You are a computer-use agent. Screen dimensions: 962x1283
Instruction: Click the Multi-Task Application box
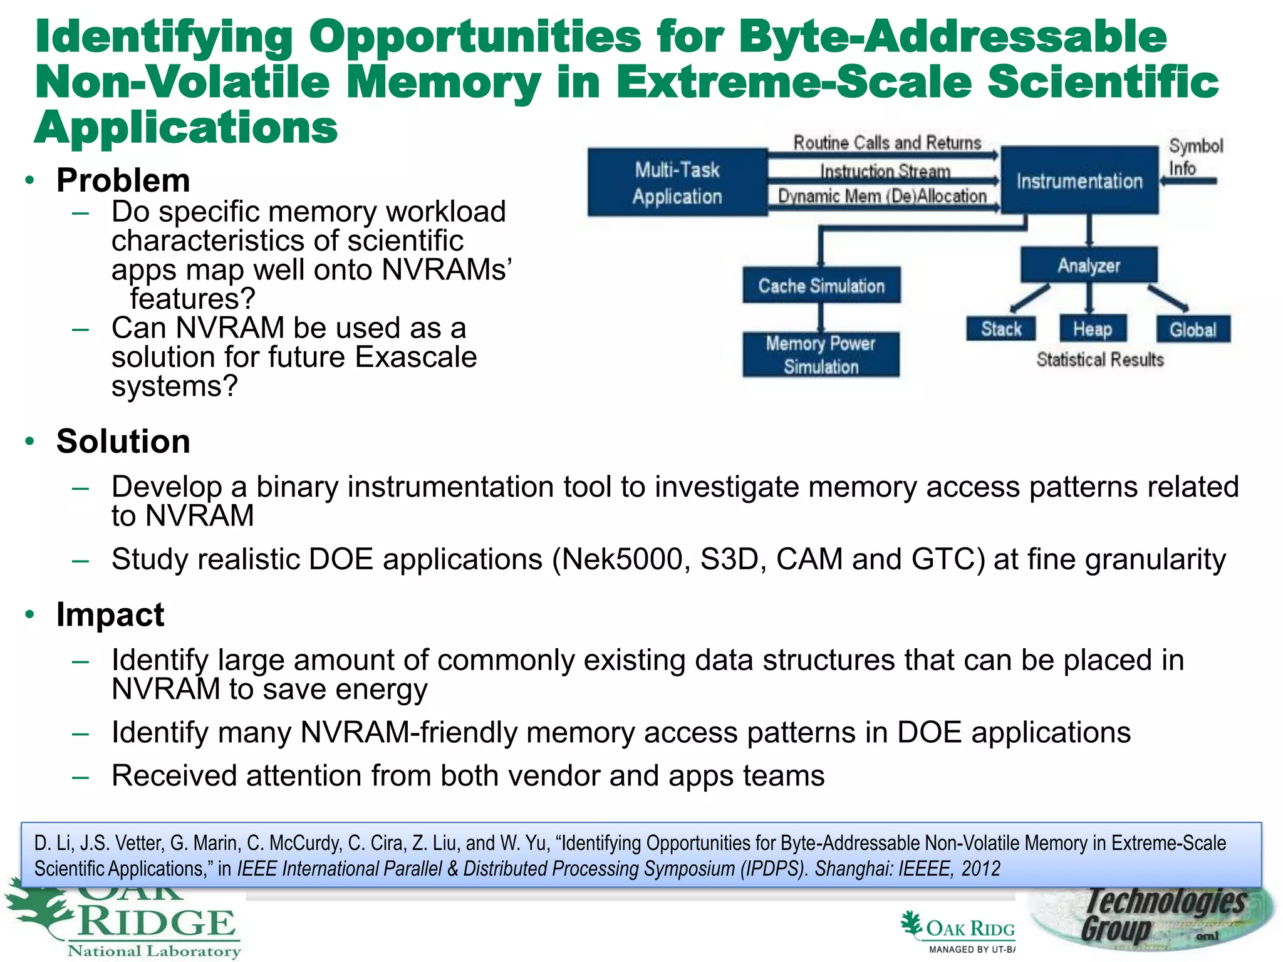tap(677, 182)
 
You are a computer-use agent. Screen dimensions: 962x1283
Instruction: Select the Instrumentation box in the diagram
tap(1079, 181)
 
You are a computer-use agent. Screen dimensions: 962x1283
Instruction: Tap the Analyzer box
tap(1089, 265)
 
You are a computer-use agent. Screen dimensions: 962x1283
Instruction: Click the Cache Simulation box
tap(821, 286)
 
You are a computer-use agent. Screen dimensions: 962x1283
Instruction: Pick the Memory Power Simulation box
tap(821, 354)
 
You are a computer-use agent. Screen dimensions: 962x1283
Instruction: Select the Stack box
tap(1000, 329)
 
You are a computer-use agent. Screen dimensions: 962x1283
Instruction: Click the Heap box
tap(1093, 329)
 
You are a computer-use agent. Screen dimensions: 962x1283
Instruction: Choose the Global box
tap(1193, 329)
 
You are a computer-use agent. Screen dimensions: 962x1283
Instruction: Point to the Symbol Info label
tap(1194, 157)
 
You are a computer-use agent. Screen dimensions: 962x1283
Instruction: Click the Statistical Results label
tap(1100, 359)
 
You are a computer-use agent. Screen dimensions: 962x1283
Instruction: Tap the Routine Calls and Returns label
tap(887, 143)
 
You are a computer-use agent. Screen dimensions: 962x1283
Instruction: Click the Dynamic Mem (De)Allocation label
tap(882, 196)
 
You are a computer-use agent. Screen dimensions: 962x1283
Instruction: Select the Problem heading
tap(123, 180)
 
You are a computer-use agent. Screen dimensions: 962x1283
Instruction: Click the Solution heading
tap(123, 441)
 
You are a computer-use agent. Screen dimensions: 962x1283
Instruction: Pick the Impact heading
tap(110, 614)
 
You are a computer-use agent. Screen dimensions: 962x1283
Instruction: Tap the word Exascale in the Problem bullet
tap(415, 357)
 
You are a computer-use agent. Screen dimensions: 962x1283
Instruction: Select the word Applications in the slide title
tap(186, 127)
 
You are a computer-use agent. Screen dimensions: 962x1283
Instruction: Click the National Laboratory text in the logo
tap(154, 951)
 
